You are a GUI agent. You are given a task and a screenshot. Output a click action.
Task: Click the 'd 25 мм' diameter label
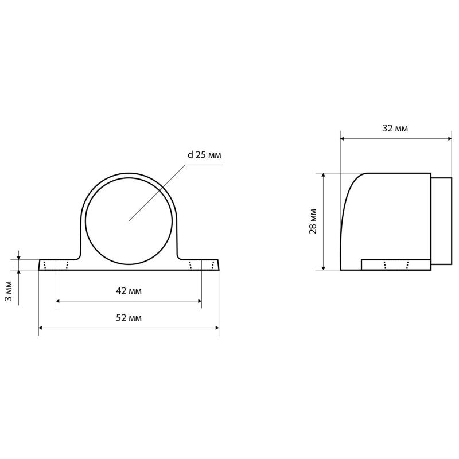point(204,155)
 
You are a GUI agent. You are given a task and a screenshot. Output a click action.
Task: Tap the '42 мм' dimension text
point(129,291)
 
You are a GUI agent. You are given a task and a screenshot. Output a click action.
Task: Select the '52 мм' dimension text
point(129,318)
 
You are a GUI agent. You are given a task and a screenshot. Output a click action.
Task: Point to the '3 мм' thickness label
point(9,291)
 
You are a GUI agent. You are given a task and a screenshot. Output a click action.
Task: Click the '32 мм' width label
point(395,128)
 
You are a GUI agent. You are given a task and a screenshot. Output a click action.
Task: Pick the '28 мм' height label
point(313,221)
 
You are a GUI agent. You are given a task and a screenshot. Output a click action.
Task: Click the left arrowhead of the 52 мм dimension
point(41,328)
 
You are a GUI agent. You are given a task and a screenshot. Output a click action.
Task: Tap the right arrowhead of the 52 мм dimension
point(217,328)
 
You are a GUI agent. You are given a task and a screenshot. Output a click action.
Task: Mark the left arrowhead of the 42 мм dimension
point(58,301)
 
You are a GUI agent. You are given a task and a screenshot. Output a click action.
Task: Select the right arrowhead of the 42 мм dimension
point(200,301)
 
